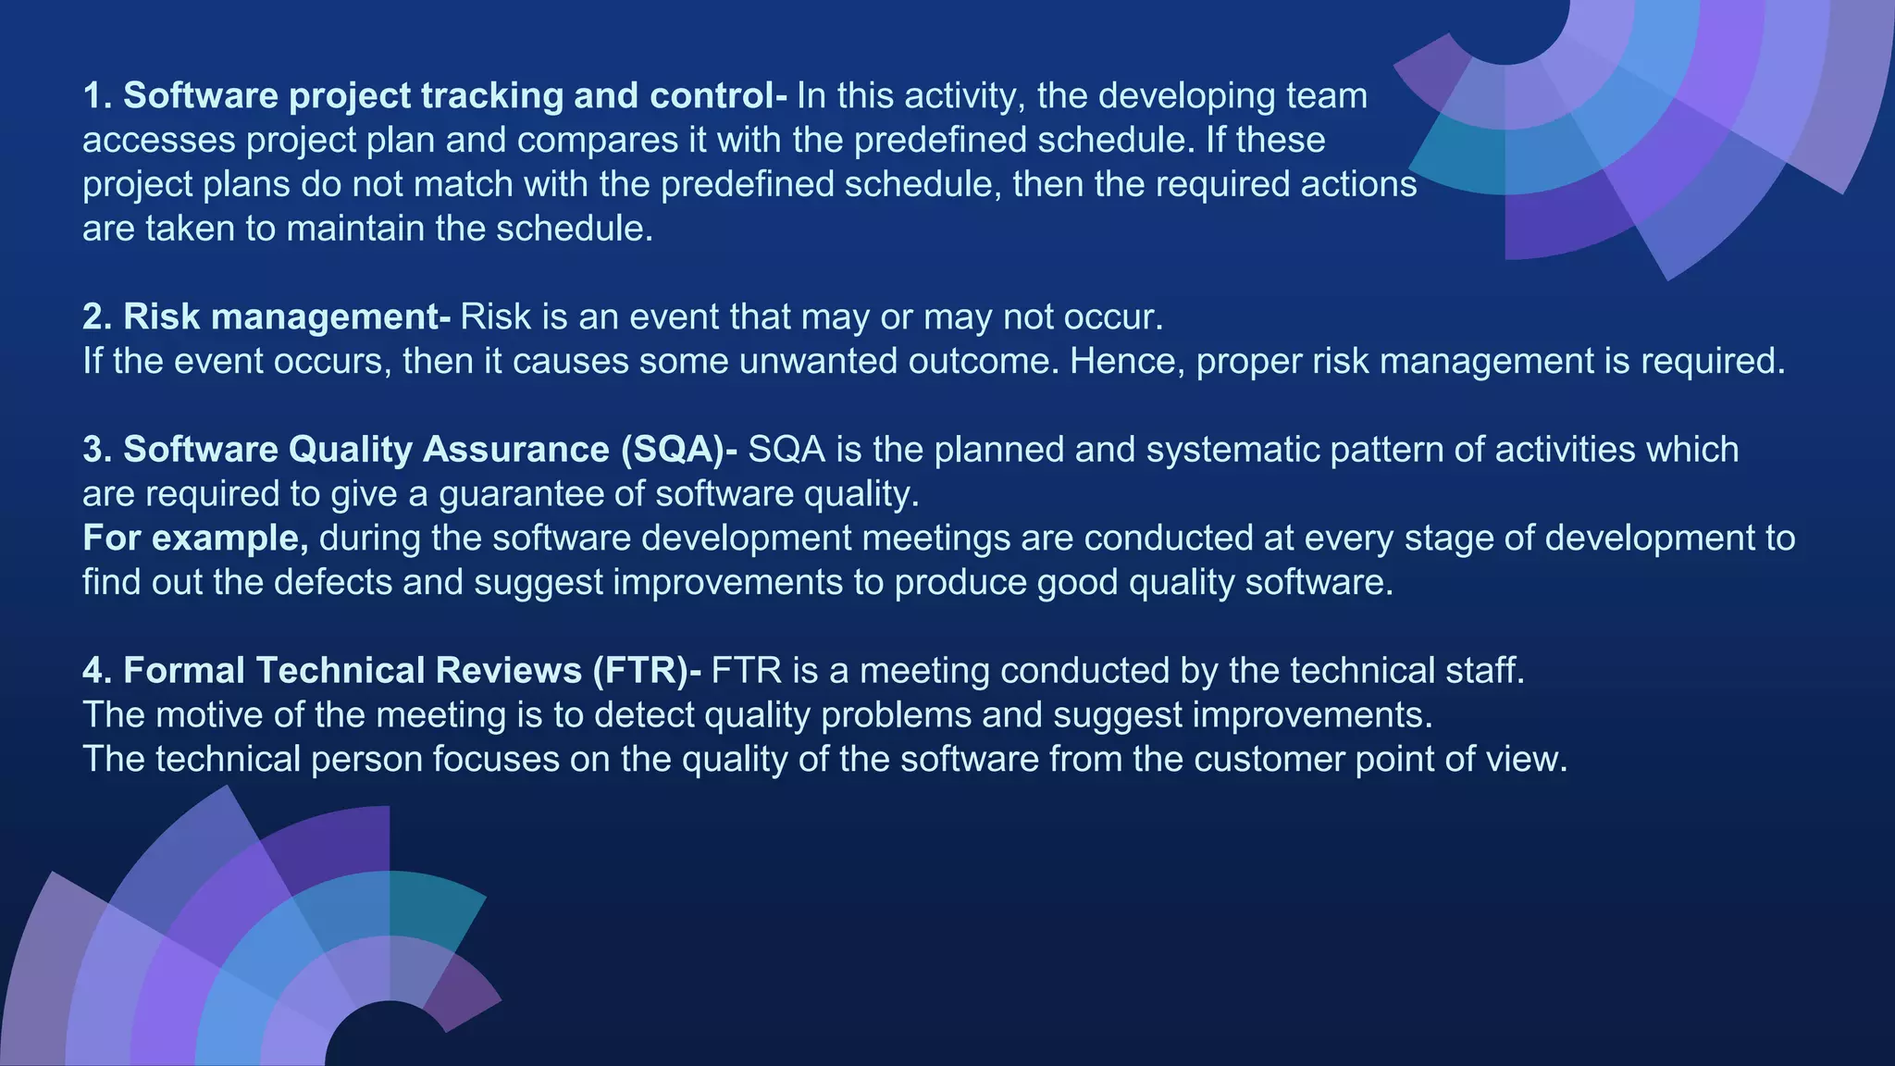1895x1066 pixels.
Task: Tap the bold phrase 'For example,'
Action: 195,538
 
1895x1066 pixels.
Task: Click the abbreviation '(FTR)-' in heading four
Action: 647,670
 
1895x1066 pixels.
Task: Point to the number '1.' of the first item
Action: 97,95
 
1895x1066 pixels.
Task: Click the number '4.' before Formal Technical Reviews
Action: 97,670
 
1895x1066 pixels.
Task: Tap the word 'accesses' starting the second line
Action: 158,140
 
